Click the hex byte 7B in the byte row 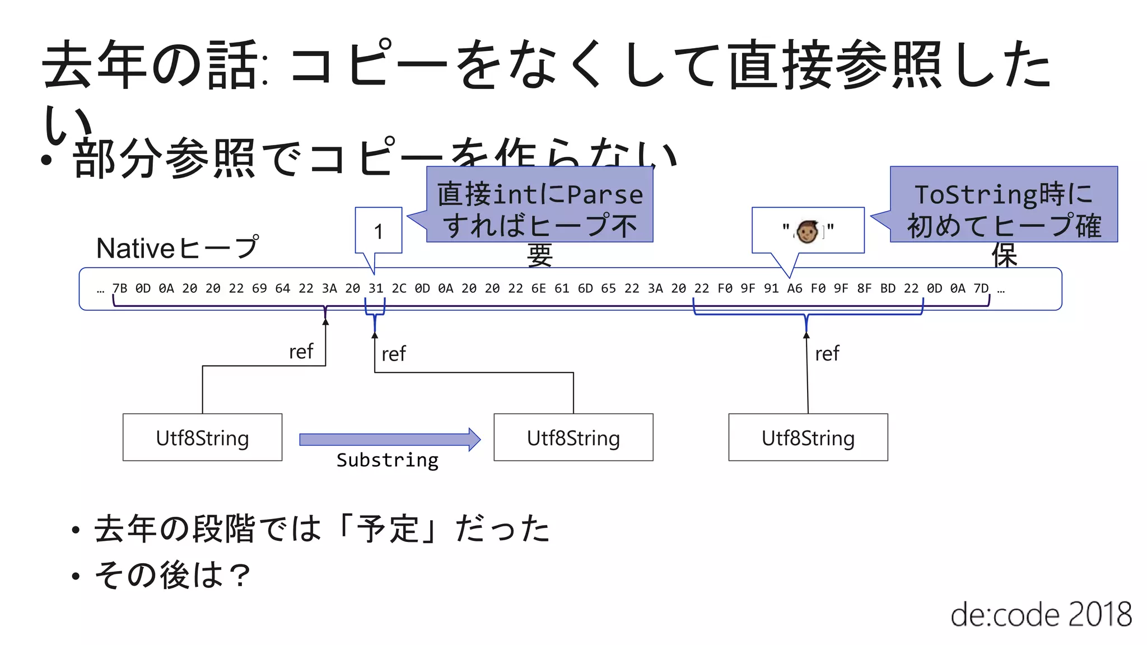click(120, 288)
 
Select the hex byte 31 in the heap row click(376, 288)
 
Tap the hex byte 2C click(399, 288)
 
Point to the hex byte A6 click(795, 288)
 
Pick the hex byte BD click(888, 288)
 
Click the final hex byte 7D click(981, 288)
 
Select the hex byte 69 click(259, 288)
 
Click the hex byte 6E click(538, 288)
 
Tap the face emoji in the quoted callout click(807, 231)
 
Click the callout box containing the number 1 click(379, 231)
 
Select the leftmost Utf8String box click(202, 437)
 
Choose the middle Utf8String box click(573, 437)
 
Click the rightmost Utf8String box click(808, 437)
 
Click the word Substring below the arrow click(388, 460)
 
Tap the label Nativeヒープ click(178, 248)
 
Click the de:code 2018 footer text click(1041, 615)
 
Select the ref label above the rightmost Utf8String click(827, 354)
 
